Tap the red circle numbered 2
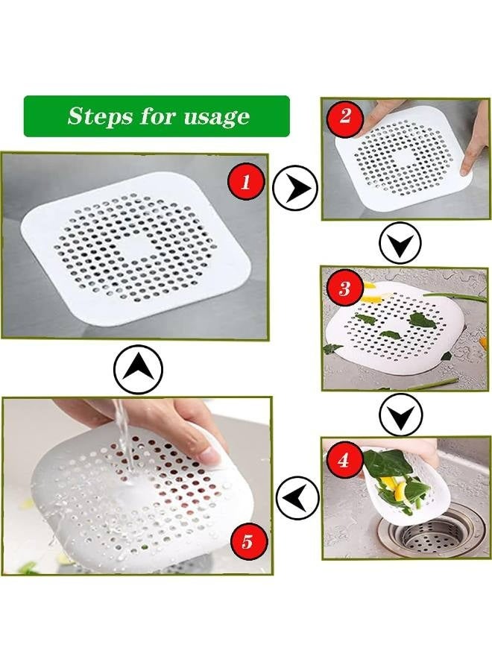coord(344,116)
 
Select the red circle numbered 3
coord(344,288)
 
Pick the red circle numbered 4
coord(343,460)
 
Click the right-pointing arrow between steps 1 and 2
coord(295,188)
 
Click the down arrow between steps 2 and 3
coord(400,242)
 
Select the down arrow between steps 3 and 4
coord(400,415)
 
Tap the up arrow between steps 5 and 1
coord(138,370)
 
